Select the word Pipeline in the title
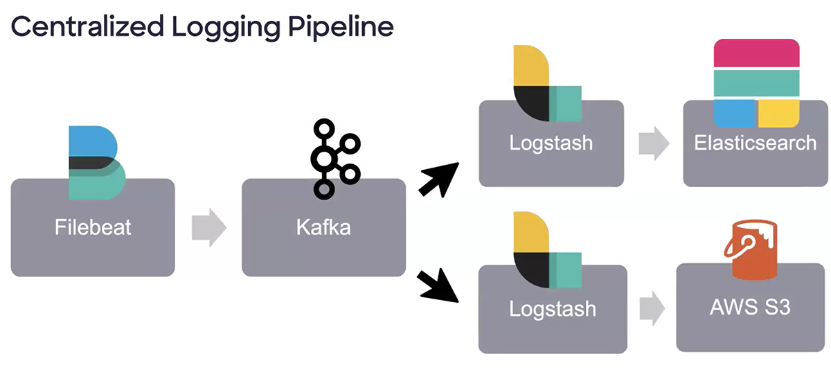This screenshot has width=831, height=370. pos(341,28)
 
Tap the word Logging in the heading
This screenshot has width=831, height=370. pos(226,28)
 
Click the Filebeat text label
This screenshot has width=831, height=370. pos(93,227)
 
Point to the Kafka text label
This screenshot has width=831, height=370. pos(323,227)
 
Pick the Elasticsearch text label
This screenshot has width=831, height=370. pos(756,143)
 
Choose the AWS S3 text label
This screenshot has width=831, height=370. pos(750,307)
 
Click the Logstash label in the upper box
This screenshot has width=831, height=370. pos(551,143)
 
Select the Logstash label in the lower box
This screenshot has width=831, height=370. pos(553,309)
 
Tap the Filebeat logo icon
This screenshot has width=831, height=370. pos(97,163)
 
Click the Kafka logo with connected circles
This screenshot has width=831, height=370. pos(335,159)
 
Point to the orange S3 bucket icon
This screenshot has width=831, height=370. pos(751,249)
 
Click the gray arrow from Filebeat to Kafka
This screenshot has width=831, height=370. pos(209,227)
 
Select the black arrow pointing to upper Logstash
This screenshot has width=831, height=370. pos(439,179)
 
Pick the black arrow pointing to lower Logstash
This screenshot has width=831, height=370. pos(438,285)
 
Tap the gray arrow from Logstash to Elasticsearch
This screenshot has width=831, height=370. pos(654,143)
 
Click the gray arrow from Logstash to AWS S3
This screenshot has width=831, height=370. pos(652,308)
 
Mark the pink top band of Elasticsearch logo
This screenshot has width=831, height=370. pos(756,53)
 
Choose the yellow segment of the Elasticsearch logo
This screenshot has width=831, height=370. pos(778,113)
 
